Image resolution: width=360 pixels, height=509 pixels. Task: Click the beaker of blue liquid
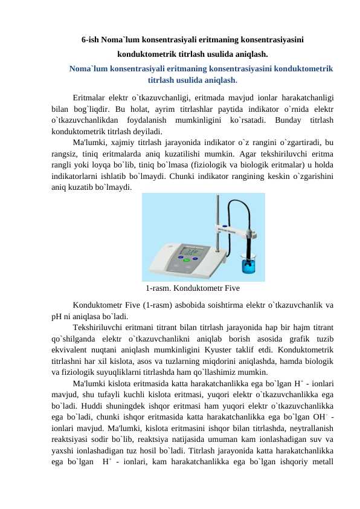pos(248,264)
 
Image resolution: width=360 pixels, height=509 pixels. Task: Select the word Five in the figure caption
pos(231,288)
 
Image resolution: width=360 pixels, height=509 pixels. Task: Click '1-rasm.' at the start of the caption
pos(159,288)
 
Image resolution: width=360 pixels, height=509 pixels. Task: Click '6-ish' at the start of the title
pos(91,40)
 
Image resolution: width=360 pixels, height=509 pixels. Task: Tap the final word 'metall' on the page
pos(324,473)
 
